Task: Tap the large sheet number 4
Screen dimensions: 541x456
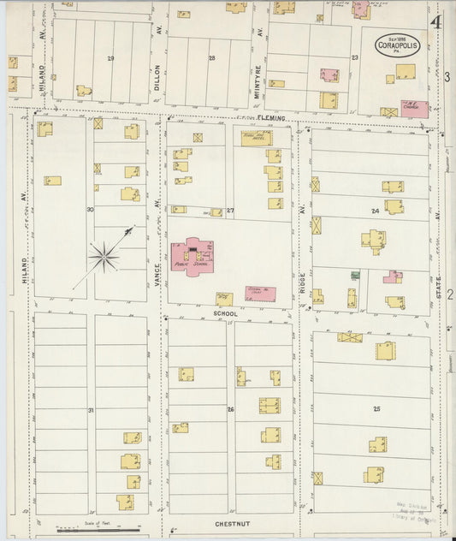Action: pos(438,21)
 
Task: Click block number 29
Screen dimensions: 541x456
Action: pos(110,58)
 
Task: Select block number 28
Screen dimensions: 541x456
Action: pos(211,58)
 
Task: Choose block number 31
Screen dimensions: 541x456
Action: pos(90,412)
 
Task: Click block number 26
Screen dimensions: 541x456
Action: pos(230,410)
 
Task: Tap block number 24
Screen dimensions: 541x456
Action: pos(374,211)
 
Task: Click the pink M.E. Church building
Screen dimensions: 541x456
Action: pos(415,109)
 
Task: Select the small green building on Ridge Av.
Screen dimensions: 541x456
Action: pos(354,275)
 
